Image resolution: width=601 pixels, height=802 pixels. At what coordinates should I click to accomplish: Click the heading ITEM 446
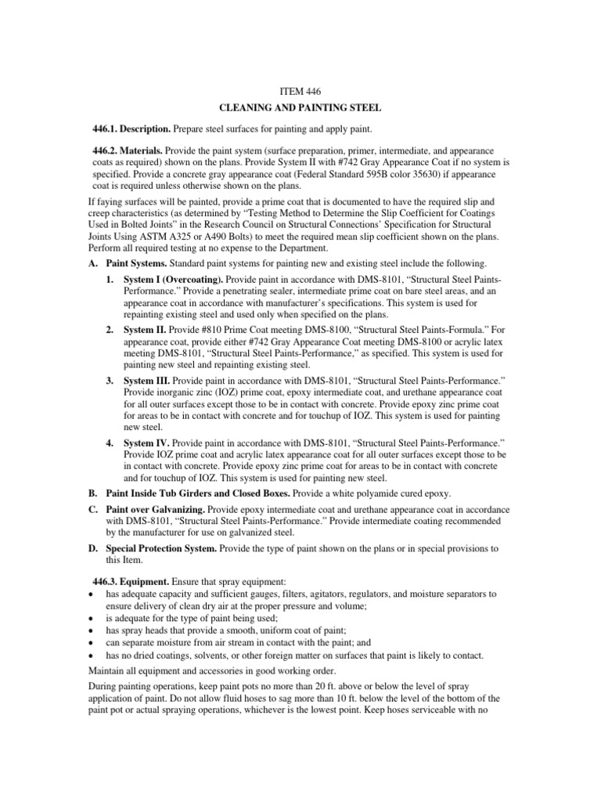tap(300, 92)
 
